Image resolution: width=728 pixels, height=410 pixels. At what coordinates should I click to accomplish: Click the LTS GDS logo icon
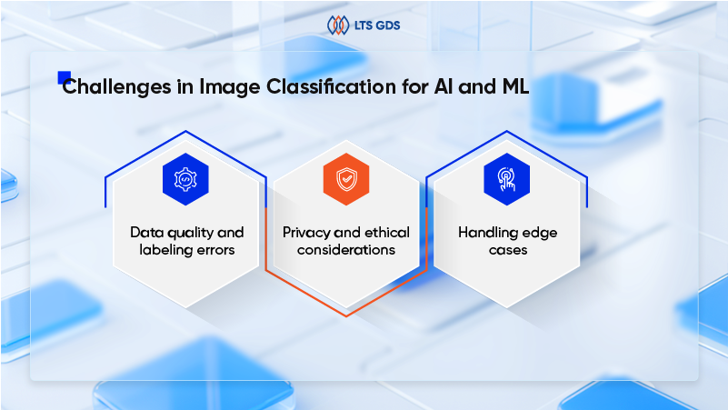338,24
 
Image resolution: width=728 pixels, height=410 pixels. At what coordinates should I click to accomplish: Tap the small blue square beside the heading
64,77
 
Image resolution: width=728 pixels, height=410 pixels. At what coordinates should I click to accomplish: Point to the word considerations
346,250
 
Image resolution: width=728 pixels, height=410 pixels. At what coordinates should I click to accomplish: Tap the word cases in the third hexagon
507,250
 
